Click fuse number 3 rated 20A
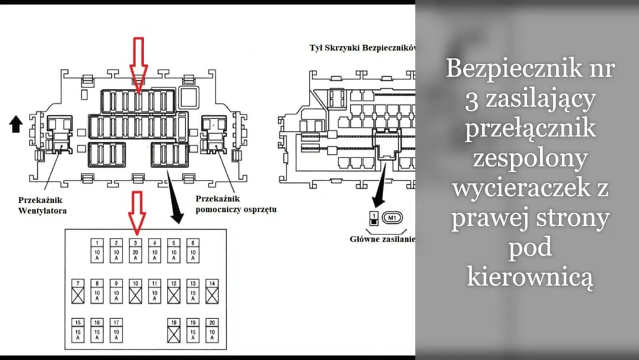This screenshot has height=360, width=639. coord(135,250)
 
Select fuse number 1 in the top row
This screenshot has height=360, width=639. coord(98,250)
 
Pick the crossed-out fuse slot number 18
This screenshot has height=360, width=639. coord(173,331)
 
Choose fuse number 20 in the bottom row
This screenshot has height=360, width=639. coord(211,331)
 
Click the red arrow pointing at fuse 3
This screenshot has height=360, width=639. coord(137,211)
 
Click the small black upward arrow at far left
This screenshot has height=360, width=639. coord(16,124)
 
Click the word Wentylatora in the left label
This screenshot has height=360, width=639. coord(41,210)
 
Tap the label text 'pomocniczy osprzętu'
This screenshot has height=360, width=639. coord(235,210)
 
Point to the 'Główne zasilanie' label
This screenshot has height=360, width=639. coord(382,239)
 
